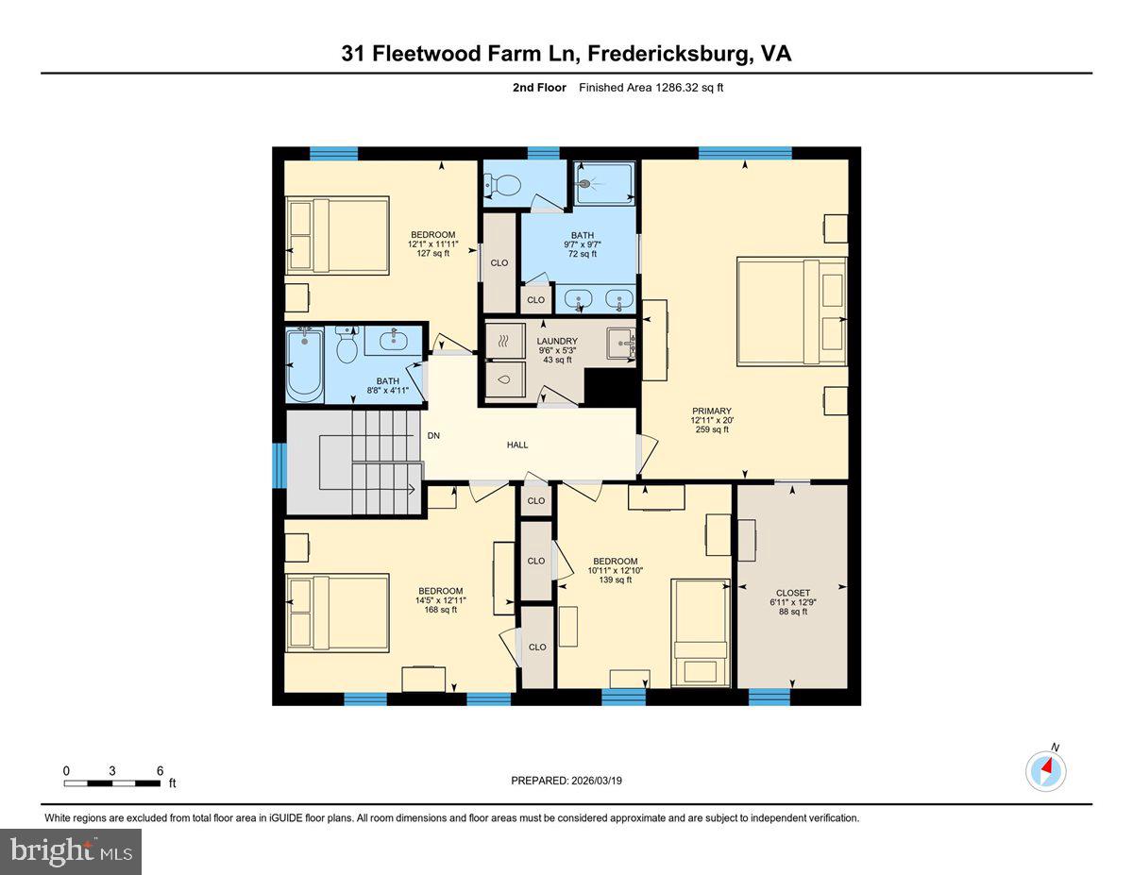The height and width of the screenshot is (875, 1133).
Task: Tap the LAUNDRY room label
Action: click(x=557, y=341)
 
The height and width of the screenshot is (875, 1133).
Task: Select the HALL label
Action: click(x=516, y=445)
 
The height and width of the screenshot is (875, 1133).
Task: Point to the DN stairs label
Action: click(x=433, y=436)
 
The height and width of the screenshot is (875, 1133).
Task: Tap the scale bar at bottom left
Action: click(x=112, y=782)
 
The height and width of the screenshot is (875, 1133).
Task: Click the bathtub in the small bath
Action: click(x=305, y=362)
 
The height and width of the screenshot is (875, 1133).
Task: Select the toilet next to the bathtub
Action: click(x=346, y=347)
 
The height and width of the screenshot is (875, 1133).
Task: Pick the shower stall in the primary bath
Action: click(x=604, y=182)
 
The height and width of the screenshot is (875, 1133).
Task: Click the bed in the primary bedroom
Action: click(x=791, y=311)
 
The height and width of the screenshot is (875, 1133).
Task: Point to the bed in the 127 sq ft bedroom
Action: click(x=337, y=235)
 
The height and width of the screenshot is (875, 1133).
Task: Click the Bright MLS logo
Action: click(x=71, y=851)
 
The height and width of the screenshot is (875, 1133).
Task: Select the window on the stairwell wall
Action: click(x=279, y=465)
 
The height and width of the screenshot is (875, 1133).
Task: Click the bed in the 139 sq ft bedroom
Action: click(x=700, y=633)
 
